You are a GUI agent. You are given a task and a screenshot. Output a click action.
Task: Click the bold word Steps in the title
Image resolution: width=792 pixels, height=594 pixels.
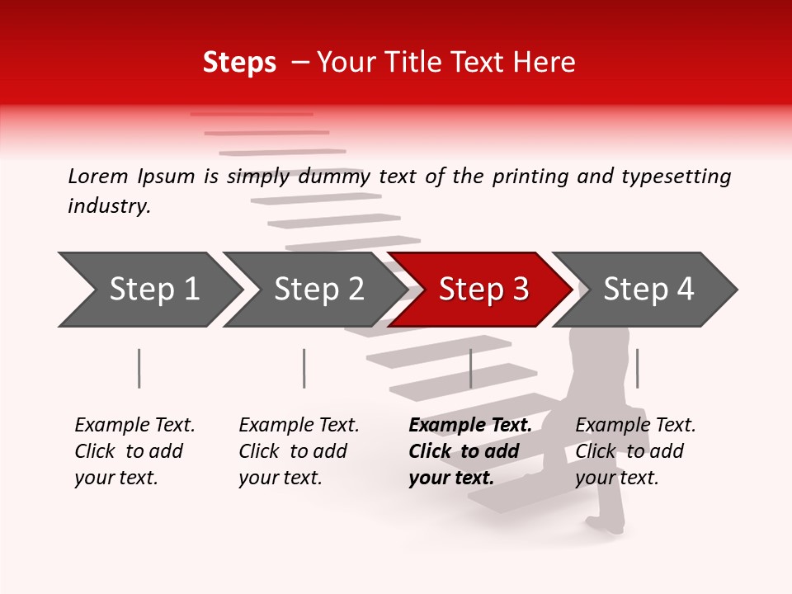[x=239, y=63]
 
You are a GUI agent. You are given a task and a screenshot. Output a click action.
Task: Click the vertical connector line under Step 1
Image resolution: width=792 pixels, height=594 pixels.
[x=139, y=368]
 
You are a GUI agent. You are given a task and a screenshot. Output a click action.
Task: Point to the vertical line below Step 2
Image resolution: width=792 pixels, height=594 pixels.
[x=304, y=368]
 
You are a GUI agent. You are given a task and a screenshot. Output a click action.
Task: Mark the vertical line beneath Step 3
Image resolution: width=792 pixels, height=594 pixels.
[x=470, y=368]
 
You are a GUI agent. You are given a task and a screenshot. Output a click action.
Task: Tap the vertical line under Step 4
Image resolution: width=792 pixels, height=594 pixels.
[x=637, y=368]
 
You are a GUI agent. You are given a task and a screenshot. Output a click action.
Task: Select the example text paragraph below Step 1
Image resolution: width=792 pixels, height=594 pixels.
[x=134, y=451]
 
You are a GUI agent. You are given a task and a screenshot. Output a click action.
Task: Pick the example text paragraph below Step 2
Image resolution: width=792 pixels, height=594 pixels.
[x=299, y=451]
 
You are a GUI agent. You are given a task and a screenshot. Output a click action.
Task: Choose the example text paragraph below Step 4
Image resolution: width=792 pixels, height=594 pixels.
[x=635, y=451]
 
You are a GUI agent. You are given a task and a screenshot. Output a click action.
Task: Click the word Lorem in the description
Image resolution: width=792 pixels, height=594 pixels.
[x=98, y=176]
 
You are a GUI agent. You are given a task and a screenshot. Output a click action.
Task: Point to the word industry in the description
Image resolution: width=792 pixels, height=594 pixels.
[x=109, y=206]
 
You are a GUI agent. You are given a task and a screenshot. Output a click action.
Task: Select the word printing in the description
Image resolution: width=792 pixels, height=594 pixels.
[x=525, y=176]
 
